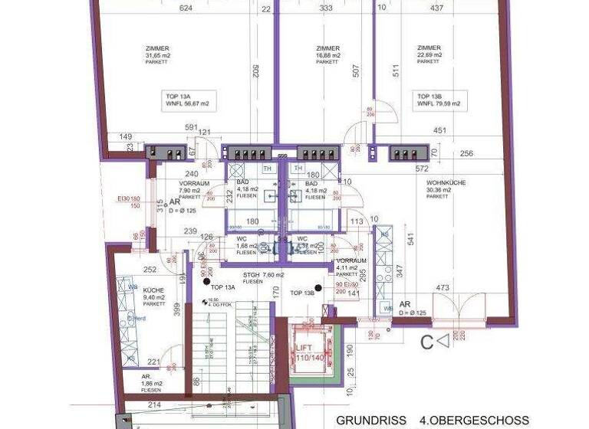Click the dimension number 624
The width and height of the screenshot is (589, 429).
tap(185, 9)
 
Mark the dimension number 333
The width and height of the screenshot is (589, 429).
tap(325, 9)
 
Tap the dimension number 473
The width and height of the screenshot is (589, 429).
tap(443, 288)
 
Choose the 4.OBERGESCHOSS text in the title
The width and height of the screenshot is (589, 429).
tap(481, 421)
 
